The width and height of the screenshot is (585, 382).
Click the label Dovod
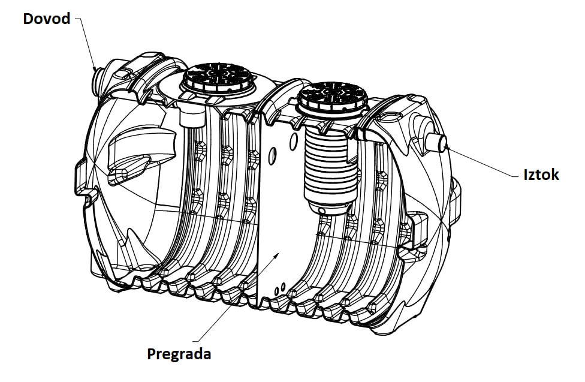click(47, 19)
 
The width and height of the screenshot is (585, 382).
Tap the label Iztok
click(541, 175)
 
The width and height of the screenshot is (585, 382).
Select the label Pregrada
click(179, 354)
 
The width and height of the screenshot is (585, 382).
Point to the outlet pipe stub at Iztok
click(436, 143)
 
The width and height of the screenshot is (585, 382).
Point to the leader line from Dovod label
click(86, 43)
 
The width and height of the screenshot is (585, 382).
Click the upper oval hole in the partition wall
click(294, 142)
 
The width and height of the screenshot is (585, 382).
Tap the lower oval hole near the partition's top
click(273, 156)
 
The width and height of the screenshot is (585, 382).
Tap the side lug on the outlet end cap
click(455, 200)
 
